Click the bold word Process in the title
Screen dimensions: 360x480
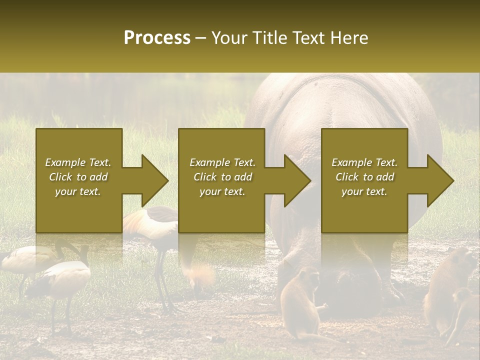click(157, 38)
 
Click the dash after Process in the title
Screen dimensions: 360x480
click(201, 38)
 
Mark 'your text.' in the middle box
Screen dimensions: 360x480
click(222, 191)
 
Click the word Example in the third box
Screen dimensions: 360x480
click(351, 162)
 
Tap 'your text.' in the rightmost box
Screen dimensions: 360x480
click(364, 191)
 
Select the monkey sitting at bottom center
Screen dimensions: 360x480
click(300, 302)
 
